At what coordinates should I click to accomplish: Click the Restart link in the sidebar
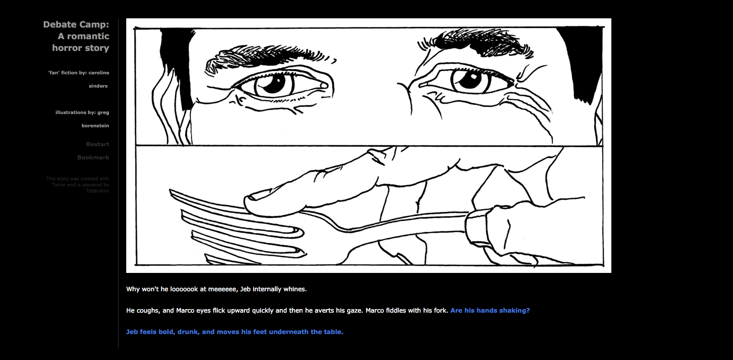click(97, 144)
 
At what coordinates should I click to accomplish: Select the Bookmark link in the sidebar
click(93, 157)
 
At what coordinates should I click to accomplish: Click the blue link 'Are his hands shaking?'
click(490, 310)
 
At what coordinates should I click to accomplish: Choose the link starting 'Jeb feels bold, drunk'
click(235, 331)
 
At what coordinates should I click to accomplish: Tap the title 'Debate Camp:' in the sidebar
click(76, 24)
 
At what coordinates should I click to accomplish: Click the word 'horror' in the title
click(67, 48)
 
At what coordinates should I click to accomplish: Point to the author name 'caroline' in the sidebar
click(99, 73)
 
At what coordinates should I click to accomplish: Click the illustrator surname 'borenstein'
click(95, 126)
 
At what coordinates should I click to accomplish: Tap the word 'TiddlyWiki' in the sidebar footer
click(97, 191)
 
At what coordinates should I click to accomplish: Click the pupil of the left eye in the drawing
click(273, 84)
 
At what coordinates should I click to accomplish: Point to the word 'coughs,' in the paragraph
click(148, 310)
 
